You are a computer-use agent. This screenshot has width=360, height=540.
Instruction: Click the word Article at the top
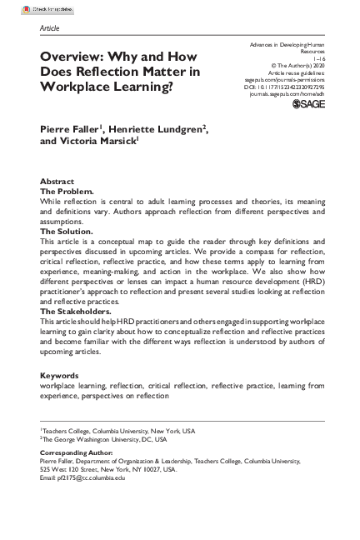pyautogui.click(x=50, y=27)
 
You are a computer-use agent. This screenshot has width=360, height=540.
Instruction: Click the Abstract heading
pyautogui.click(x=57, y=182)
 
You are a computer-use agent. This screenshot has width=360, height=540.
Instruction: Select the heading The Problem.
pyautogui.click(x=67, y=191)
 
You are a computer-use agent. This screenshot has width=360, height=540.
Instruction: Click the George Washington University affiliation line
pyautogui.click(x=104, y=438)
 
